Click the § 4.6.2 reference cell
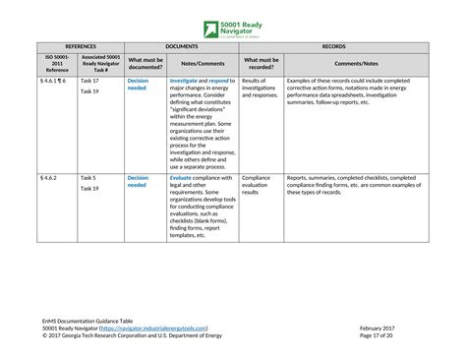tap(48, 179)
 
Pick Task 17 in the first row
tap(89, 81)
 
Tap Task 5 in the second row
tap(88, 179)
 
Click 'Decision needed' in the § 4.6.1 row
tap(138, 85)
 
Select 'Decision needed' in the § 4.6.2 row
tap(138, 183)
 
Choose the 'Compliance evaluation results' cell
tap(258, 186)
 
